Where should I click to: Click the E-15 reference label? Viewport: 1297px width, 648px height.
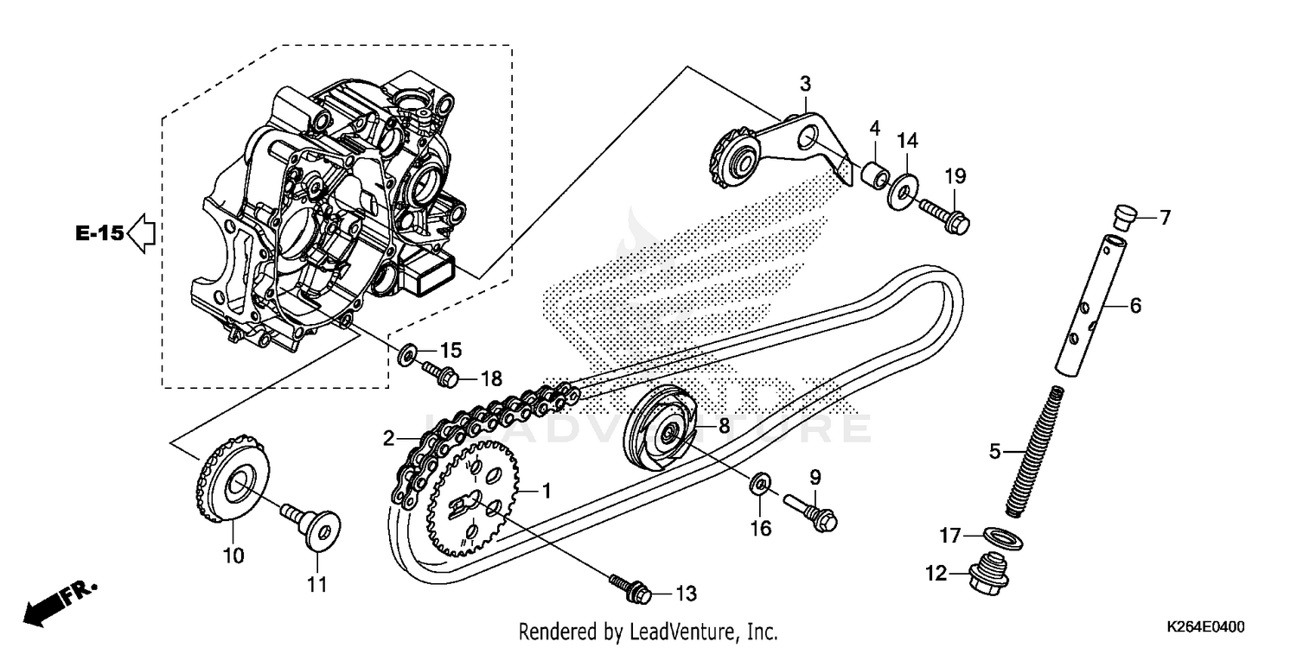coord(99,233)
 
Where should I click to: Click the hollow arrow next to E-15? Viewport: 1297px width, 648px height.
coord(141,233)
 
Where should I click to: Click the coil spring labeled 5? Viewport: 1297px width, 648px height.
coord(1037,449)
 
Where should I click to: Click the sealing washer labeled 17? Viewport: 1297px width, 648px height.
coord(1004,538)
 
